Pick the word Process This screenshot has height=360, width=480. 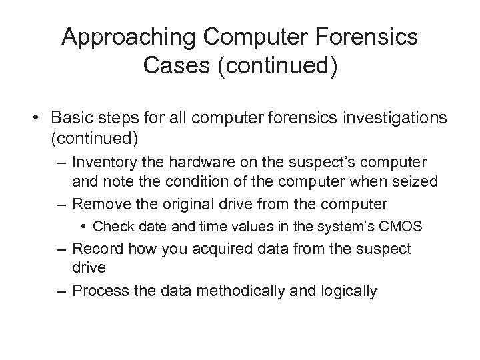(97, 291)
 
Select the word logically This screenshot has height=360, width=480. (347, 291)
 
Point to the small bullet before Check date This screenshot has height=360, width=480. (86, 227)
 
